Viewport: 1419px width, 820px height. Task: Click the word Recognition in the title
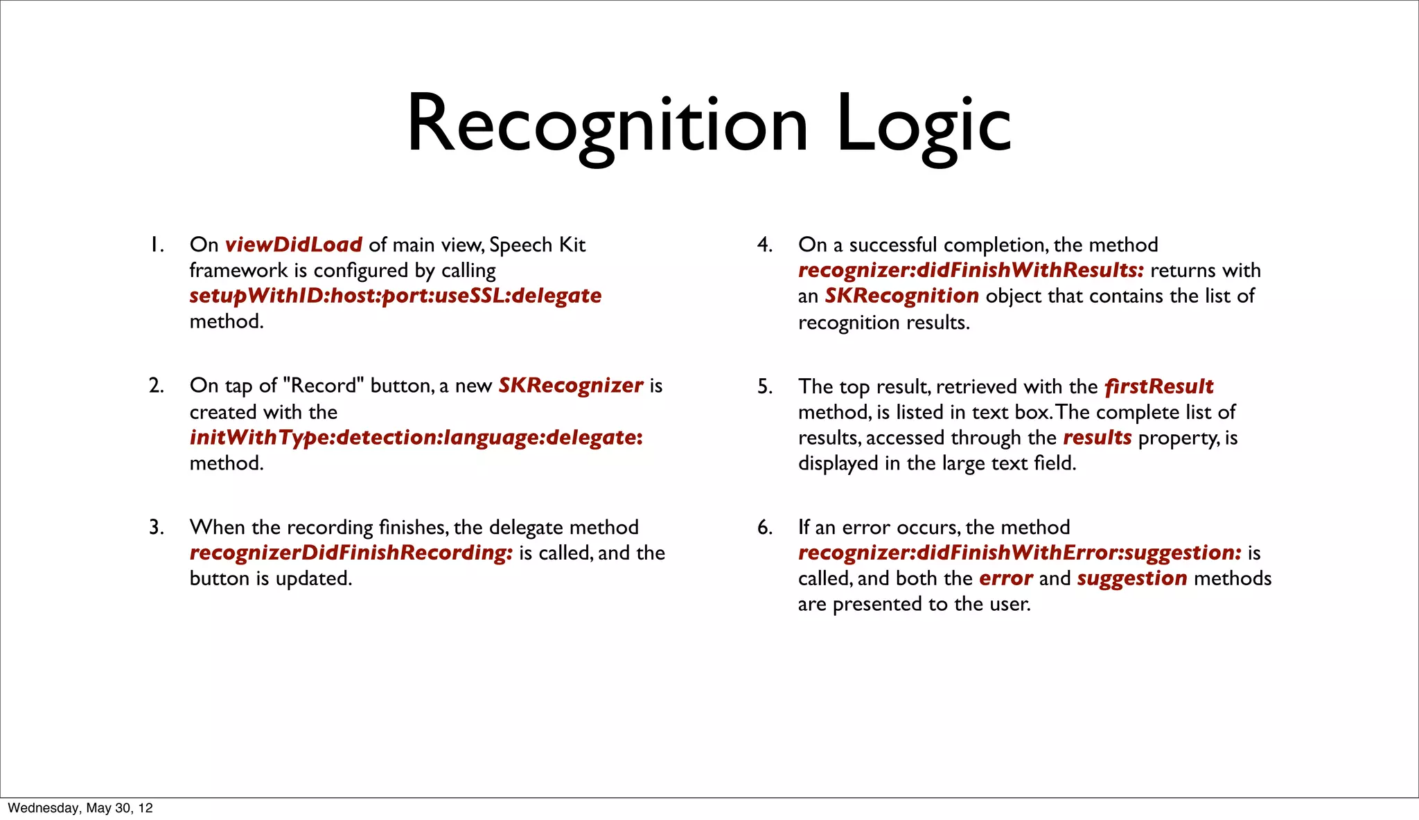tap(607, 125)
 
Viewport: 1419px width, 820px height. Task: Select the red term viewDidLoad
tap(293, 244)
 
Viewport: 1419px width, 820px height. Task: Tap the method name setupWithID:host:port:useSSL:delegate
tap(395, 296)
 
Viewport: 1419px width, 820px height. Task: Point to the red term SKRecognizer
tap(570, 385)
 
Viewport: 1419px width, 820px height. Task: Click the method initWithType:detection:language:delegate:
tap(416, 438)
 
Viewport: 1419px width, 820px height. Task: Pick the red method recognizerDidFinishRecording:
tap(351, 553)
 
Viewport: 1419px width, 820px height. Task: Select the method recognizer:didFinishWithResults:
tap(971, 270)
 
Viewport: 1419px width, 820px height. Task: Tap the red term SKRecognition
tap(901, 296)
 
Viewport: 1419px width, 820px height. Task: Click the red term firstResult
tap(1158, 386)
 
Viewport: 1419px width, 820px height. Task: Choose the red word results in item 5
tap(1097, 438)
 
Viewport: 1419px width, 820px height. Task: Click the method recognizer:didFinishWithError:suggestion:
tap(1019, 553)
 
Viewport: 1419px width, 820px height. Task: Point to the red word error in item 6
tap(1005, 578)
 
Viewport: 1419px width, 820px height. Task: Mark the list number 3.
tap(156, 528)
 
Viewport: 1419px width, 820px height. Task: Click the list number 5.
tap(764, 386)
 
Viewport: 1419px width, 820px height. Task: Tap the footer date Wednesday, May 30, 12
tap(80, 808)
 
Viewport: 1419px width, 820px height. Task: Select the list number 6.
tap(764, 528)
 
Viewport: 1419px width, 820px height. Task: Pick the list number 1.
tap(157, 245)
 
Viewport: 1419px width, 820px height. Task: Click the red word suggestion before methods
tap(1131, 578)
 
